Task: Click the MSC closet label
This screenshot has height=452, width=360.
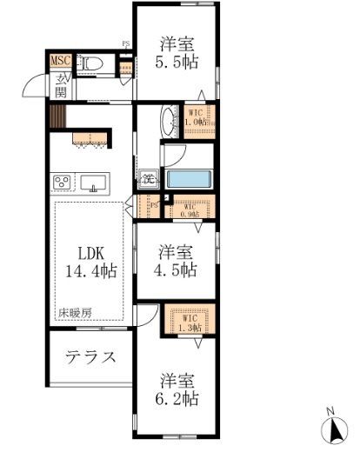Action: click(x=60, y=61)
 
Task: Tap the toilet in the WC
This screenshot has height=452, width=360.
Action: click(x=90, y=63)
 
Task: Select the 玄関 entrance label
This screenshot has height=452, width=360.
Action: click(x=61, y=84)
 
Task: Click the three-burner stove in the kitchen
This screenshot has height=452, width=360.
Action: click(x=63, y=183)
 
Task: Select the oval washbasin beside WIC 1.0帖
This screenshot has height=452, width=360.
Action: click(x=168, y=118)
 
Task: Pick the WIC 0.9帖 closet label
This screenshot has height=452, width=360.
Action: click(x=190, y=209)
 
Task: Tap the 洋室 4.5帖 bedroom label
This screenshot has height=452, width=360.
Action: click(x=177, y=261)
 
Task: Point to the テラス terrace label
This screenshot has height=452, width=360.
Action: click(x=91, y=356)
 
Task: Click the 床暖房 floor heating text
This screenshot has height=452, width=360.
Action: click(x=75, y=310)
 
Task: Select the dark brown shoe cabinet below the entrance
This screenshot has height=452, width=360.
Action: click(x=58, y=116)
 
